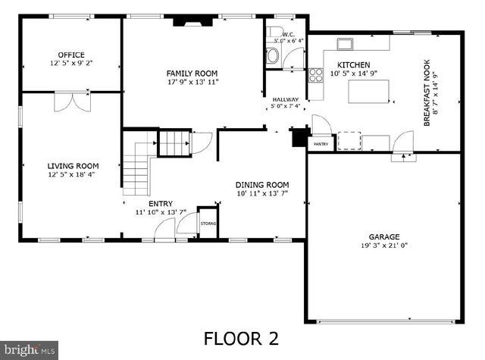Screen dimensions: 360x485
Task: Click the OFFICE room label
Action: point(71,55)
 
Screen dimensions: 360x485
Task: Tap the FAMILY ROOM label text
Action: point(192,73)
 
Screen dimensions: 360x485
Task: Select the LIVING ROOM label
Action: point(73,166)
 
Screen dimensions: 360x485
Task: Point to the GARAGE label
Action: point(384,236)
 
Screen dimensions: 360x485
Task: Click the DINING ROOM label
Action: point(261,185)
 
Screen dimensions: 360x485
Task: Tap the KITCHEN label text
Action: point(353,65)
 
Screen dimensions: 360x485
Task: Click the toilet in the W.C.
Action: point(273,55)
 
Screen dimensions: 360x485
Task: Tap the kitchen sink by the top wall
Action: point(346,43)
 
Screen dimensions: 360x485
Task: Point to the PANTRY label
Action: point(321,143)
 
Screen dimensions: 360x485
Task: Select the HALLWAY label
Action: point(285,100)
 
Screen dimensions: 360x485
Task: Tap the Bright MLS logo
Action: point(29,349)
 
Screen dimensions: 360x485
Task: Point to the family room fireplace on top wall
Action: point(189,23)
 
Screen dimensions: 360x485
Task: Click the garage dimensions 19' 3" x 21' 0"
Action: point(384,246)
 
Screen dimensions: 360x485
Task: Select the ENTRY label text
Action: point(160,203)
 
